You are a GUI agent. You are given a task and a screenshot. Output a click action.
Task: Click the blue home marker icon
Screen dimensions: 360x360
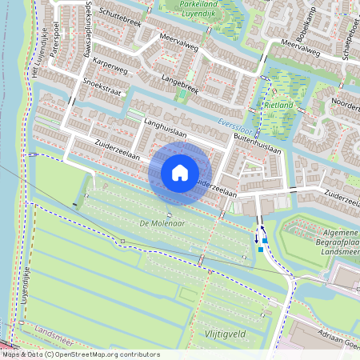coord(180,173)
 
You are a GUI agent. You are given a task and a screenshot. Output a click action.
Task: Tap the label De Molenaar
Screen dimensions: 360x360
coord(162,223)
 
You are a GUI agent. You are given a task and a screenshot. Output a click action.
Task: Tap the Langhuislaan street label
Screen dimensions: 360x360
coord(165,127)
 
